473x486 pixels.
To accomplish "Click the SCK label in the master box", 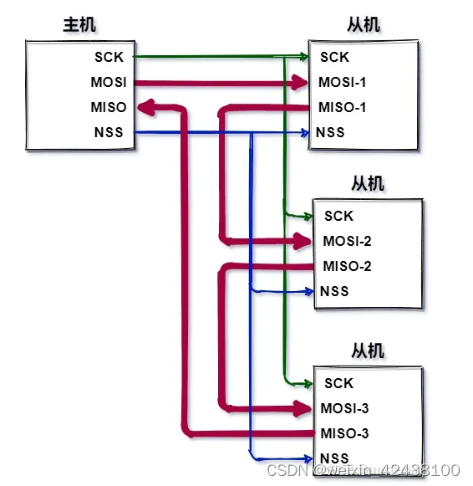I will [x=110, y=57].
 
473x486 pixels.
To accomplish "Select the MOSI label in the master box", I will [x=109, y=82].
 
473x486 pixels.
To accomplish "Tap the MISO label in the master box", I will [x=109, y=107].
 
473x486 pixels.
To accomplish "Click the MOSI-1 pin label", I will [x=342, y=82].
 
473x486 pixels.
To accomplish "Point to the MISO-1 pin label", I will [x=342, y=107].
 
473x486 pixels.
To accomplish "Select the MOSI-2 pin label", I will [x=347, y=241].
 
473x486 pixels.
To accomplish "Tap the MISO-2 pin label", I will [x=347, y=266].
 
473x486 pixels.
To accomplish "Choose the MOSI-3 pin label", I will [x=344, y=408].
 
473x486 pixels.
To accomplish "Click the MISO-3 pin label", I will [x=344, y=433].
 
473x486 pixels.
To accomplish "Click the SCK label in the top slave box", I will [x=334, y=57].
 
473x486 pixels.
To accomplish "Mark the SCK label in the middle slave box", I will [x=339, y=216].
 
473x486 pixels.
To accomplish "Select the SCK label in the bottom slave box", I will [x=339, y=383].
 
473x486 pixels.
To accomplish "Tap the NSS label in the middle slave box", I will [x=334, y=291].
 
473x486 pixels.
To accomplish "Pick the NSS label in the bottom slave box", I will [x=334, y=458].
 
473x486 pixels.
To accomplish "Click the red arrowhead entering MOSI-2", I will [x=303, y=241].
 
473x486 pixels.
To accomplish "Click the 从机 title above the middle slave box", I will [x=368, y=182].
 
